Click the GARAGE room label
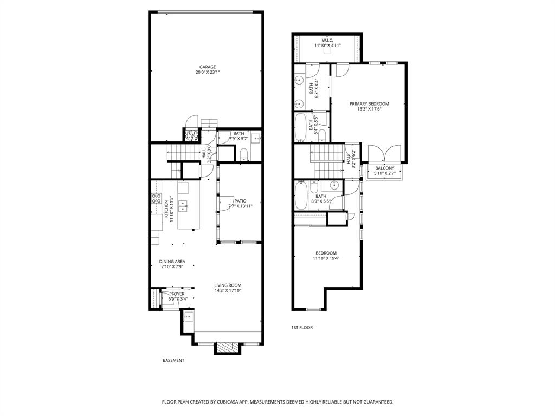click(207, 67)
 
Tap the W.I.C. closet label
click(327, 40)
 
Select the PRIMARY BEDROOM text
click(369, 103)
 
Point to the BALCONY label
click(385, 168)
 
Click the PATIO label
click(240, 201)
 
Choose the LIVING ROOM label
click(228, 285)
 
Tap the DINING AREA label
click(172, 262)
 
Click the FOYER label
click(178, 294)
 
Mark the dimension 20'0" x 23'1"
click(207, 73)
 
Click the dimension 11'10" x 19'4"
click(326, 258)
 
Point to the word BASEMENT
click(173, 360)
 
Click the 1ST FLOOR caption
click(302, 327)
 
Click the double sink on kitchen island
click(184, 205)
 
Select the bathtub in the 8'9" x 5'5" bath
click(301, 196)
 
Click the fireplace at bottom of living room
click(226, 347)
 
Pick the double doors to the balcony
click(384, 154)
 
